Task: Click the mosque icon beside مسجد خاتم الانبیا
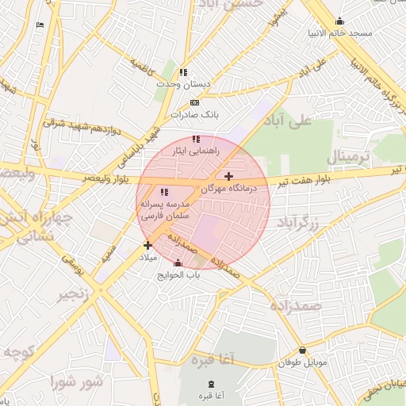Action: click(340, 21)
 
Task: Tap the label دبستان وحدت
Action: click(183, 84)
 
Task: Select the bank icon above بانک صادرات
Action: click(194, 102)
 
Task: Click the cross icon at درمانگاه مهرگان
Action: click(229, 176)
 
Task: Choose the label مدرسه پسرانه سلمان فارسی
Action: click(163, 209)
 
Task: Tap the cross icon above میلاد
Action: click(147, 245)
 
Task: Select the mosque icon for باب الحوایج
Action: click(178, 263)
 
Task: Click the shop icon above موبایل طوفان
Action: click(302, 350)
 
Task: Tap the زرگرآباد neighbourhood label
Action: click(297, 223)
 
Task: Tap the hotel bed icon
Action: click(40, 25)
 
